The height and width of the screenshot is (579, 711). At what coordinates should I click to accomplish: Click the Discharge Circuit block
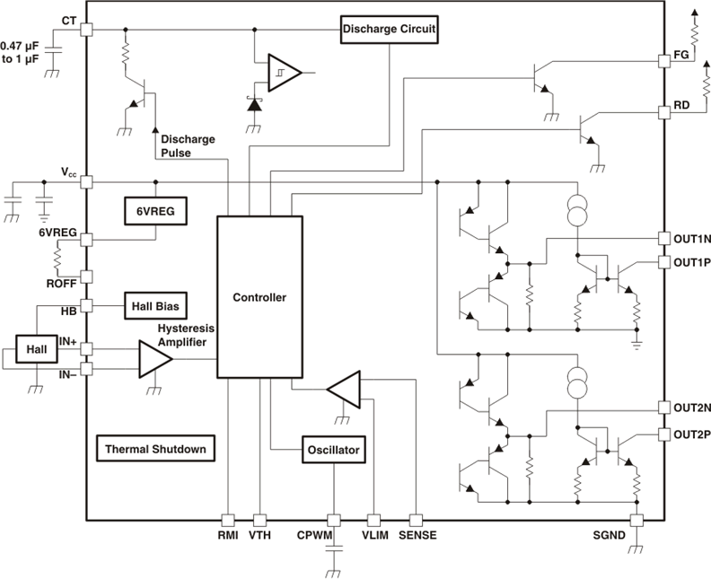click(389, 29)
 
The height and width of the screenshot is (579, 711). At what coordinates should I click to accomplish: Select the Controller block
click(259, 297)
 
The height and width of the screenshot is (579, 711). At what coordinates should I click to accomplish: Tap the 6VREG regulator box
click(155, 210)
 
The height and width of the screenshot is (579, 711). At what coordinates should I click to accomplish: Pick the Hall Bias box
click(155, 306)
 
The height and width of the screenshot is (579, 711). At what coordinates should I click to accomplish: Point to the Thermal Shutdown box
click(154, 448)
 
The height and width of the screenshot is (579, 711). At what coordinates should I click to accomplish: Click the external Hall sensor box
click(36, 348)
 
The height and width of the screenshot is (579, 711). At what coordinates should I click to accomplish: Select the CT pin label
click(69, 20)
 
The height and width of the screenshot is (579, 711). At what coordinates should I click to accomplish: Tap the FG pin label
click(681, 55)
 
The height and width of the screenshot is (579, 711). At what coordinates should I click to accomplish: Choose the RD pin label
click(681, 106)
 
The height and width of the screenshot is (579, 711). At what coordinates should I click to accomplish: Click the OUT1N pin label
click(691, 238)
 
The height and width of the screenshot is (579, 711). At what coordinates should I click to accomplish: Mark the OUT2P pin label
click(691, 434)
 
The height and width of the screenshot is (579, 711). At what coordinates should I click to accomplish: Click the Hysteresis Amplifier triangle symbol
click(154, 358)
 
